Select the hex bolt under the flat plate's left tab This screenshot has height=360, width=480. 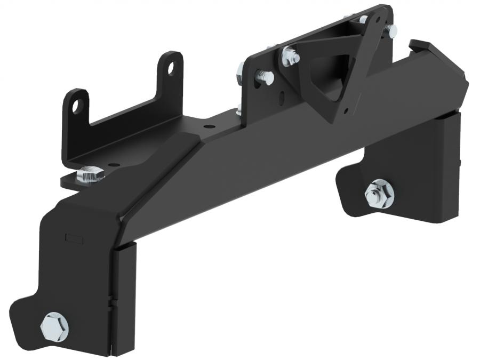tap(91, 174)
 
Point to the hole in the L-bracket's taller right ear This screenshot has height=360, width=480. tap(171, 68)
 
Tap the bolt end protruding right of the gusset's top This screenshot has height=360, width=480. tap(392, 33)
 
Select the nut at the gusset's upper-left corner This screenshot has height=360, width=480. tap(290, 55)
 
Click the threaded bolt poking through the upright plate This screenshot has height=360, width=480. tap(265, 78)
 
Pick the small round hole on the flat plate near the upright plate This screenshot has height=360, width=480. tap(206, 127)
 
